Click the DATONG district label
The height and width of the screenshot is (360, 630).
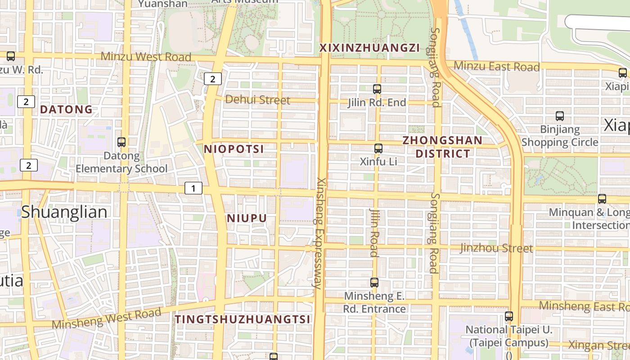(x=67, y=109)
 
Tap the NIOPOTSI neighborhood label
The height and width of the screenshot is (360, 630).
(x=234, y=149)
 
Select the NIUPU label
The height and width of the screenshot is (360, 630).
(x=247, y=218)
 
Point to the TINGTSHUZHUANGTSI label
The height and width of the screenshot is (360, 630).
(x=243, y=319)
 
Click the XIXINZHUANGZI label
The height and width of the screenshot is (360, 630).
(x=369, y=48)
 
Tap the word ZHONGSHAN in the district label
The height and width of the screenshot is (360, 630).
(x=442, y=140)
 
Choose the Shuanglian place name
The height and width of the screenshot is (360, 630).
(x=64, y=212)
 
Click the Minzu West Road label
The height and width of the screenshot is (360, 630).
(x=146, y=57)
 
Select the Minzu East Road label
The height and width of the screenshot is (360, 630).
(x=496, y=67)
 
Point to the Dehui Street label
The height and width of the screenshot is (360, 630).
(x=257, y=100)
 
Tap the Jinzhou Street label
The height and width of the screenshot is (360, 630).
(x=496, y=248)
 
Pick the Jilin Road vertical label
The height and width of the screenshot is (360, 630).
(x=374, y=232)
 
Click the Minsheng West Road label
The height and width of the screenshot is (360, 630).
(x=107, y=318)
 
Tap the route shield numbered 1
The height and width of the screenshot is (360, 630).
(x=193, y=188)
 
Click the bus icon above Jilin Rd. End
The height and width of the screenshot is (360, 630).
(x=377, y=89)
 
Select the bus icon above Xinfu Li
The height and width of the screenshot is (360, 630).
(x=378, y=148)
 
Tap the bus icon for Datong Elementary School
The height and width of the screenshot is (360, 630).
(x=121, y=142)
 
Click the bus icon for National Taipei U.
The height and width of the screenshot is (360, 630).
(x=509, y=316)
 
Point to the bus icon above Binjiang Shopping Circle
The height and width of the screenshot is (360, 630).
(x=560, y=116)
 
